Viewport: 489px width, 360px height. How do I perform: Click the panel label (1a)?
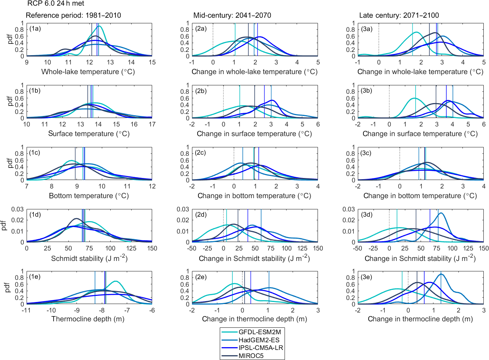click(x=35, y=29)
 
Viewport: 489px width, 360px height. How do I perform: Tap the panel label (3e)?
click(x=366, y=277)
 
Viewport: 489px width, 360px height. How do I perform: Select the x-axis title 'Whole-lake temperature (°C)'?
click(x=89, y=72)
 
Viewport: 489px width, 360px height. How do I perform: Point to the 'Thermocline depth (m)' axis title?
click(x=89, y=319)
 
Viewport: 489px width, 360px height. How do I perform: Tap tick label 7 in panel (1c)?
click(x=27, y=186)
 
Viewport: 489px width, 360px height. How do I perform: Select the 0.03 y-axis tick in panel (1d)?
click(x=19, y=209)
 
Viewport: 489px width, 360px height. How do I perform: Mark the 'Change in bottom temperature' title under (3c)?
click(x=420, y=196)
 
